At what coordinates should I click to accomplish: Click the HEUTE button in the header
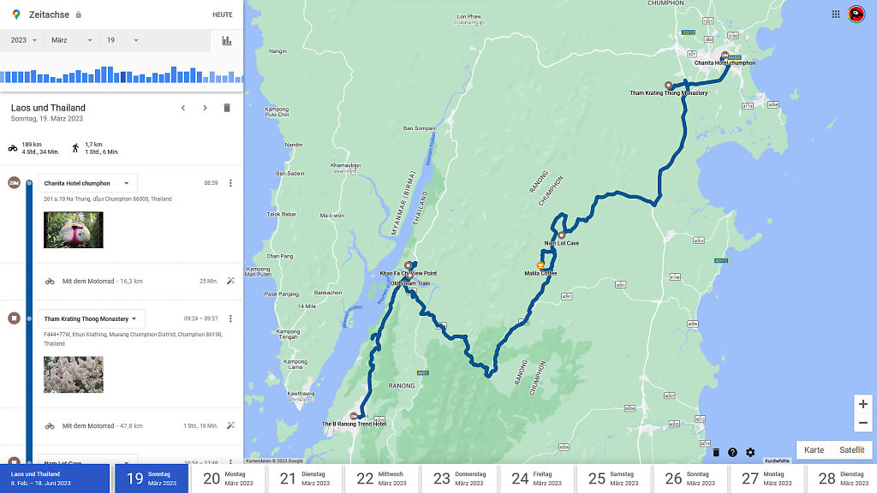[222, 15]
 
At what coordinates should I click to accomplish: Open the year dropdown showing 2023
[23, 40]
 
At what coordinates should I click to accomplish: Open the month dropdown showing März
[71, 40]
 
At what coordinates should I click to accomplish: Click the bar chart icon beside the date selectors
[227, 40]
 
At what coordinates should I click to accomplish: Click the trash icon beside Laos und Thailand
[227, 108]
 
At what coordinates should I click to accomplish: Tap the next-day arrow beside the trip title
[205, 108]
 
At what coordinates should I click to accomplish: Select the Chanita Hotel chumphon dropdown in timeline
[87, 183]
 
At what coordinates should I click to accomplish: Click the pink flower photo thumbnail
[74, 375]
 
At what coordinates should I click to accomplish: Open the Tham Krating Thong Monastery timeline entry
[92, 318]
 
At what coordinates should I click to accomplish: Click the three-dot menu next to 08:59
[230, 183]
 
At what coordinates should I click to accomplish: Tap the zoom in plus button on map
[863, 404]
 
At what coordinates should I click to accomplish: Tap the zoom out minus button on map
[863, 423]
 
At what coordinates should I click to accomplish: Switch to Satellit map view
[851, 450]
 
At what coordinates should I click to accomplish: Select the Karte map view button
[814, 450]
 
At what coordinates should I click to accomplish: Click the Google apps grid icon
[836, 14]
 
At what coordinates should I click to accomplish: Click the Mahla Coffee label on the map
[540, 273]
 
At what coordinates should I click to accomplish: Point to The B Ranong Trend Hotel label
[354, 424]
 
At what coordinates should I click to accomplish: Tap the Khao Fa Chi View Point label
[409, 273]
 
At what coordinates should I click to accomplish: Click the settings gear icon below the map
[750, 453]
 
